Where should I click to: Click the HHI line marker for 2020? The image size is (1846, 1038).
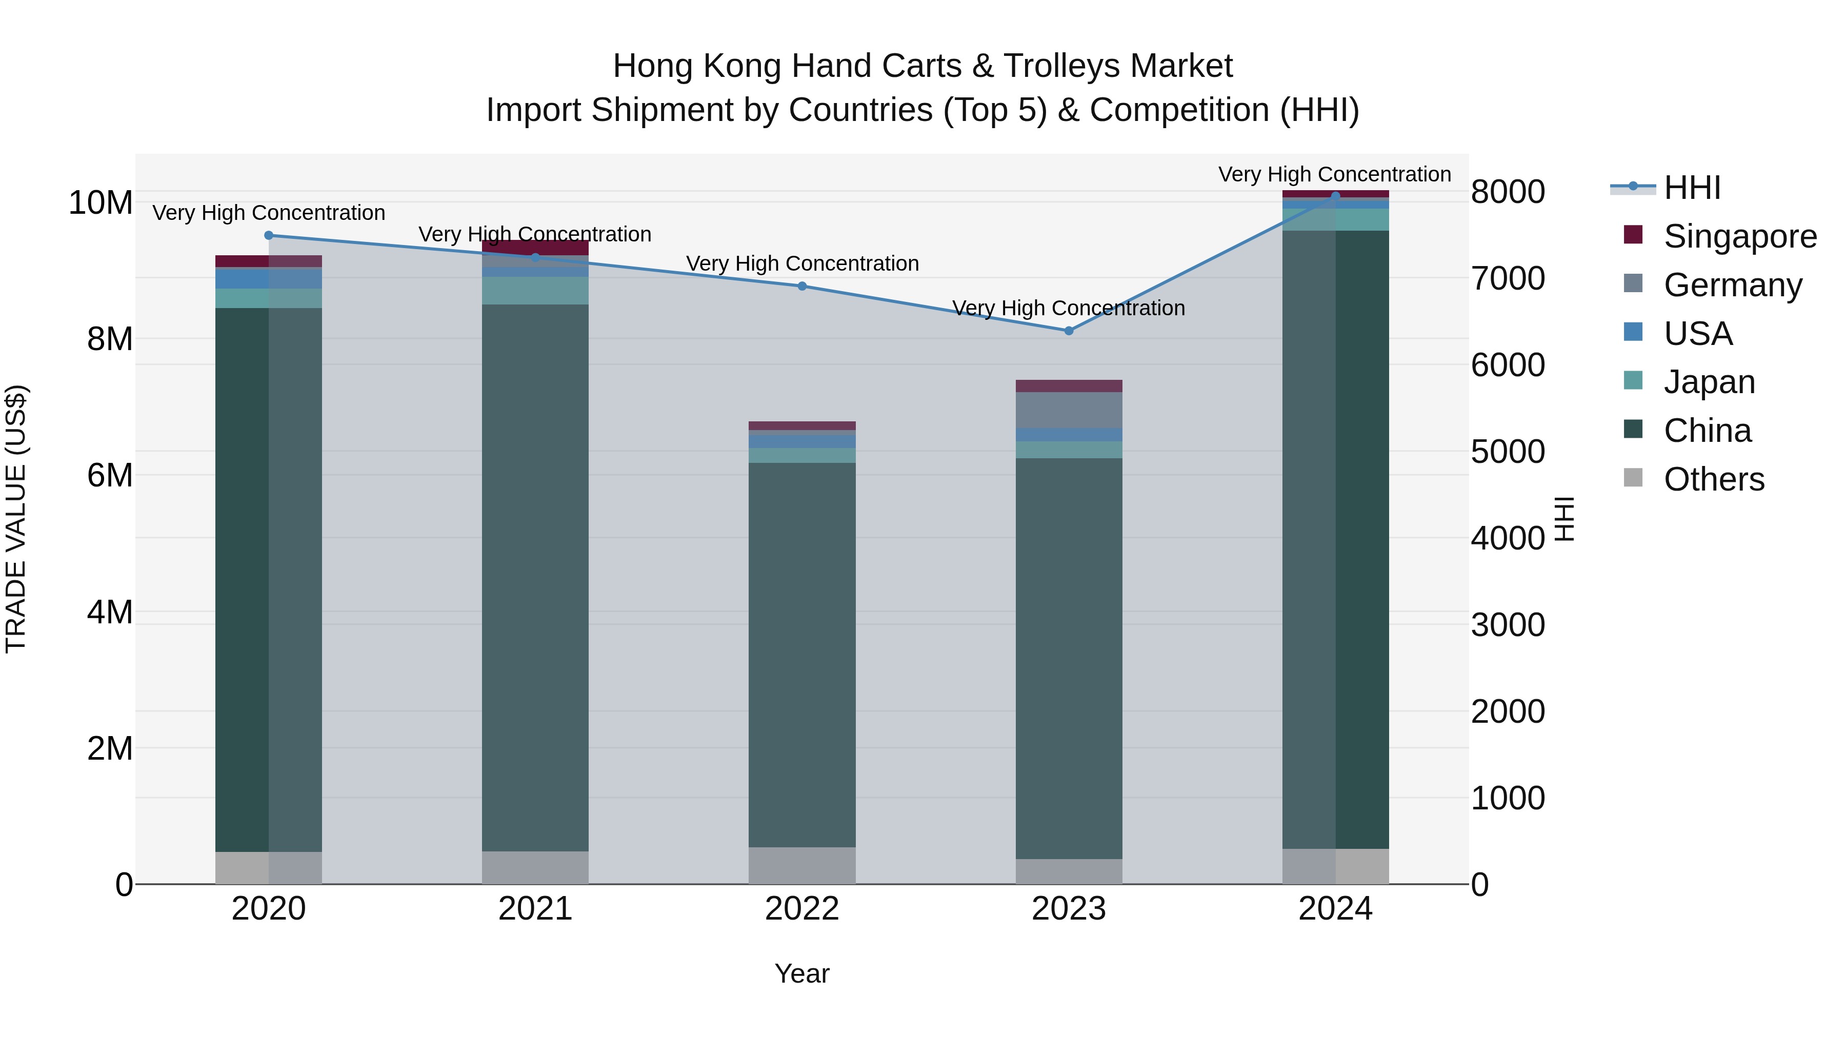click(269, 236)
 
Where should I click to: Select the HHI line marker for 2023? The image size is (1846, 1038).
click(1069, 331)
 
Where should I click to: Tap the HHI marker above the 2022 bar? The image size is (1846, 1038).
click(802, 287)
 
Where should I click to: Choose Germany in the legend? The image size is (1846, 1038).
click(1732, 285)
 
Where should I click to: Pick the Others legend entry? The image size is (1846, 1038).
click(1713, 479)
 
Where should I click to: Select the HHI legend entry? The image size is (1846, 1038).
click(1691, 188)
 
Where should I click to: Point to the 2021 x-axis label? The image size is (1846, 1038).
click(535, 909)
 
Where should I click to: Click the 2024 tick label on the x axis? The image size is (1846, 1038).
click(1335, 909)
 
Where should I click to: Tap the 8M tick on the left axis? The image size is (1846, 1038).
click(110, 339)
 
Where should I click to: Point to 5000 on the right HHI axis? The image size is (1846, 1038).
click(1508, 452)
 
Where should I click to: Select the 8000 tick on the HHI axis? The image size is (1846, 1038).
click(1508, 192)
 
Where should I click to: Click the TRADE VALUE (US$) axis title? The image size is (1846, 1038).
click(16, 519)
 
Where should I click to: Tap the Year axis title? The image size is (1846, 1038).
click(802, 973)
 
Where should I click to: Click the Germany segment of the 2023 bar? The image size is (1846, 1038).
click(1069, 410)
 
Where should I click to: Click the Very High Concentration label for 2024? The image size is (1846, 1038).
click(1334, 174)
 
